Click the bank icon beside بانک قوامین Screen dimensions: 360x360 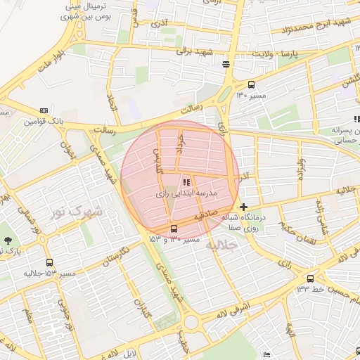(44, 110)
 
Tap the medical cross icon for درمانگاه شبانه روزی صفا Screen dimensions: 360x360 (243, 207)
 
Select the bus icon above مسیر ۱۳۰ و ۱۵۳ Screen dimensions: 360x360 (174, 229)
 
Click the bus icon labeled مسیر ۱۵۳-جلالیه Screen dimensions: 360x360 (49, 262)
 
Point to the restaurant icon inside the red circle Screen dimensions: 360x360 (186, 182)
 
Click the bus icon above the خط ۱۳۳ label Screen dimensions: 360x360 (310, 278)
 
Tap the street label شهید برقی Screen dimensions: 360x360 (193, 52)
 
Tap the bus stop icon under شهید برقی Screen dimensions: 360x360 (226, 65)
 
